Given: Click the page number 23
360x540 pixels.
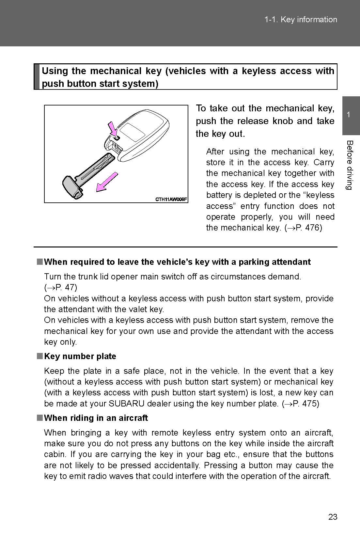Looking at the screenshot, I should (x=333, y=517).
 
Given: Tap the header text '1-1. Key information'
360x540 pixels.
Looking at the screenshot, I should (x=301, y=20).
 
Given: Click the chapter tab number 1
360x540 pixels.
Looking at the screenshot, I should (x=349, y=115).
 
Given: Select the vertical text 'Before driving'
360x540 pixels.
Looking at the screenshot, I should (x=349, y=165).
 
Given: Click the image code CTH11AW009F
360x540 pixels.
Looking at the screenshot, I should (x=171, y=199).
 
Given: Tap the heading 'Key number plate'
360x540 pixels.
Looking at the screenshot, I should (x=80, y=356).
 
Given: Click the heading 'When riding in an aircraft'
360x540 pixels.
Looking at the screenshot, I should (x=96, y=418).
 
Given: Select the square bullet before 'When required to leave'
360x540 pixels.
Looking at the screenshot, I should (x=39, y=262).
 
